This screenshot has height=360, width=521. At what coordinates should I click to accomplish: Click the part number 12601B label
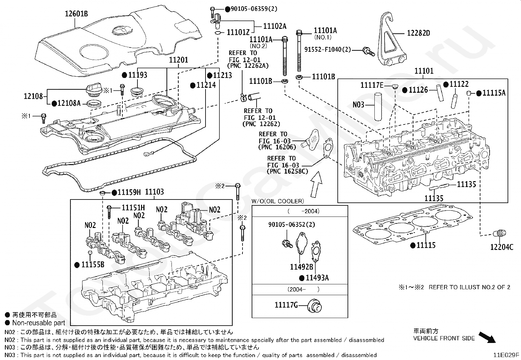pos(76,14)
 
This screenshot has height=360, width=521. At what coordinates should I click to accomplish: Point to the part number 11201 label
pos(178,60)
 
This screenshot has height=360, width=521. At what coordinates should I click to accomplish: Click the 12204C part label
pos(501,247)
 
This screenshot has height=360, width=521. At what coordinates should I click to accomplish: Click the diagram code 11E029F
pos(506,354)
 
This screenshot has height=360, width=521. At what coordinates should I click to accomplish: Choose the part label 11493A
pos(317,278)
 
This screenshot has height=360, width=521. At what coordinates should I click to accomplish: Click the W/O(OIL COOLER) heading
pos(278,201)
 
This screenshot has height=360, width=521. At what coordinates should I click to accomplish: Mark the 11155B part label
pos(93,265)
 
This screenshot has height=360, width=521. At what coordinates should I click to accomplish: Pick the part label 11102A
pos(275,26)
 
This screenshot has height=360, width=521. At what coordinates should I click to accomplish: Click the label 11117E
pos(372,85)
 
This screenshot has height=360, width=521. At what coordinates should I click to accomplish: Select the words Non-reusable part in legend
pos(39,323)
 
